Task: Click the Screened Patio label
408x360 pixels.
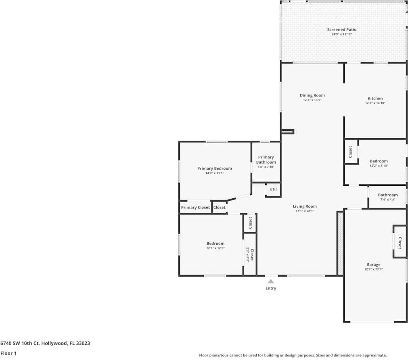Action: coord(341,29)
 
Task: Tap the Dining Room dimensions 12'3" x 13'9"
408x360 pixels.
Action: coord(312,100)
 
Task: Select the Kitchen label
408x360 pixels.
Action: coord(375,98)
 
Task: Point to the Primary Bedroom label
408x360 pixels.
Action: coord(214,168)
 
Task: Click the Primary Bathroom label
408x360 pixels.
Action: coord(266,160)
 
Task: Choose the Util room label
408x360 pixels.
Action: coord(273,189)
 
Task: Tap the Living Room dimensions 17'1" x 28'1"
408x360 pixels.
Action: coord(305,211)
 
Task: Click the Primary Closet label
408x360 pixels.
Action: coord(195,207)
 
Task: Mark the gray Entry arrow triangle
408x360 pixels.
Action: coord(271,281)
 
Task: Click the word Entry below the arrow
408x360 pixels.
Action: coord(271,288)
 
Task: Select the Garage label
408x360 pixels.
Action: coord(373,264)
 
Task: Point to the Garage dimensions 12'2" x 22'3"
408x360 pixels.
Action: coord(373,269)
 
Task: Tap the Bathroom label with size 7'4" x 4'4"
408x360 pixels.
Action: coord(387,195)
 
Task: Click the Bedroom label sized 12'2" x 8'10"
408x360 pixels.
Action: coord(379,161)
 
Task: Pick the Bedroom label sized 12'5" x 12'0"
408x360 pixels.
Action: coord(215,243)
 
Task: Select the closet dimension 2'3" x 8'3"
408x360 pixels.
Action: coord(248,255)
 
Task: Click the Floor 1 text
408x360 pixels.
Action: coord(8,353)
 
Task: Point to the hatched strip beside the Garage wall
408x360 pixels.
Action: coord(340,243)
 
